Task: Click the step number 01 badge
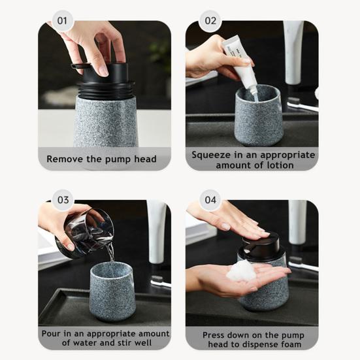tap(62, 21)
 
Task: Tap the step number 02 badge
tap(210, 21)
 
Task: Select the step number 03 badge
tap(63, 200)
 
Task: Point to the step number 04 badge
tap(210, 200)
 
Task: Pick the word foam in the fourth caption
tap(291, 344)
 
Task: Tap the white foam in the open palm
tap(241, 270)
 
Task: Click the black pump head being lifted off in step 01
tap(103, 79)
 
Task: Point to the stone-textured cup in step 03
tap(112, 291)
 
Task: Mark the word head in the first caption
tap(146, 159)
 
